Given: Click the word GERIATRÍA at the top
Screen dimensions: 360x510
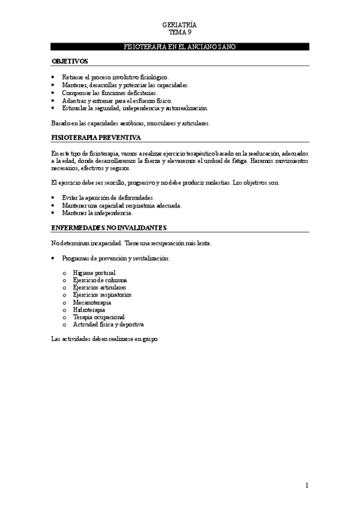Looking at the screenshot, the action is pyautogui.click(x=180, y=25).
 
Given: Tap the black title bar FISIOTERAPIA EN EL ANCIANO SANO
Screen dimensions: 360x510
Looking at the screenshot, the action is pyautogui.click(x=180, y=46).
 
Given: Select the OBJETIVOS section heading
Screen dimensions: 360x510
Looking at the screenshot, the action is pyautogui.click(x=70, y=61).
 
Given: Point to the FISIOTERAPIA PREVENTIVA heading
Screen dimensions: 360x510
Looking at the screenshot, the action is pyautogui.click(x=96, y=138).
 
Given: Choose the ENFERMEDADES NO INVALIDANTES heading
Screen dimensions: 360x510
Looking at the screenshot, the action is pyautogui.click(x=109, y=228).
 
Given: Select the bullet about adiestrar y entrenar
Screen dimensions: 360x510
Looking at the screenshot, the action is pyautogui.click(x=117, y=100).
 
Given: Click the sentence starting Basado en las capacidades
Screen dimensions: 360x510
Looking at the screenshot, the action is pyautogui.click(x=130, y=123).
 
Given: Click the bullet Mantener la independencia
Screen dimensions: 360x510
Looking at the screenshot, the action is pyautogui.click(x=101, y=213).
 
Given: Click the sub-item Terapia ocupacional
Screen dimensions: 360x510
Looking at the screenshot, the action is pyautogui.click(x=99, y=317).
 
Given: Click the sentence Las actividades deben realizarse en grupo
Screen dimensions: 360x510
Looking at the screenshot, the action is pyautogui.click(x=105, y=339).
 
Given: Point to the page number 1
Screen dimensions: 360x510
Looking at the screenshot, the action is pyautogui.click(x=307, y=485).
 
